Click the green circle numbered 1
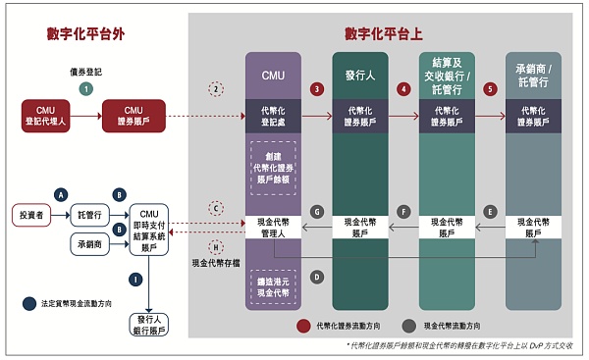click(85, 87)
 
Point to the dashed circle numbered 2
click(217, 88)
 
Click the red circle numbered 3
click(316, 88)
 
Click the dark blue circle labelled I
click(149, 280)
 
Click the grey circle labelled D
click(317, 278)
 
